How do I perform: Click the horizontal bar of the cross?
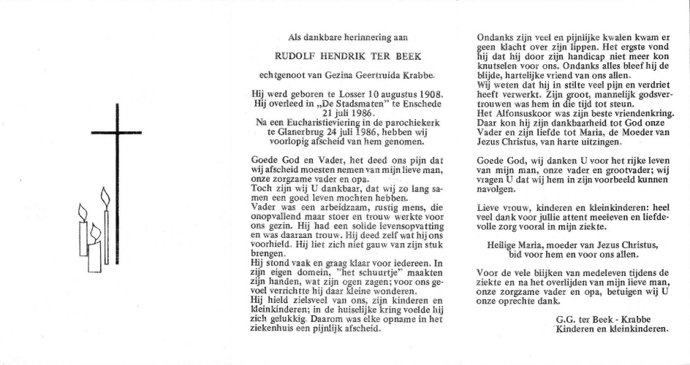coord(116,132)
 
